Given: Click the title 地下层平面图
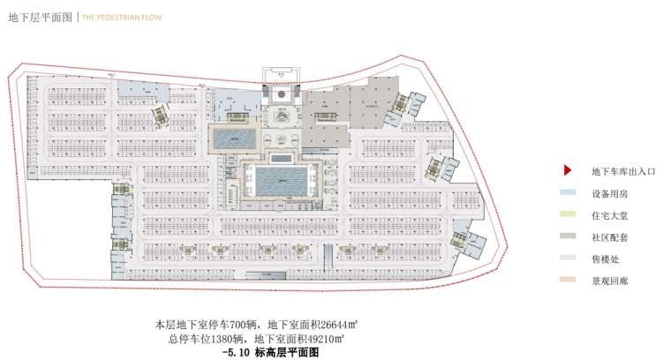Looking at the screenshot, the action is point(40,17).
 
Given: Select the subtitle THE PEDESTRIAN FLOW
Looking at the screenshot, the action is point(123,17).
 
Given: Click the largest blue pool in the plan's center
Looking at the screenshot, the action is point(281,183).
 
